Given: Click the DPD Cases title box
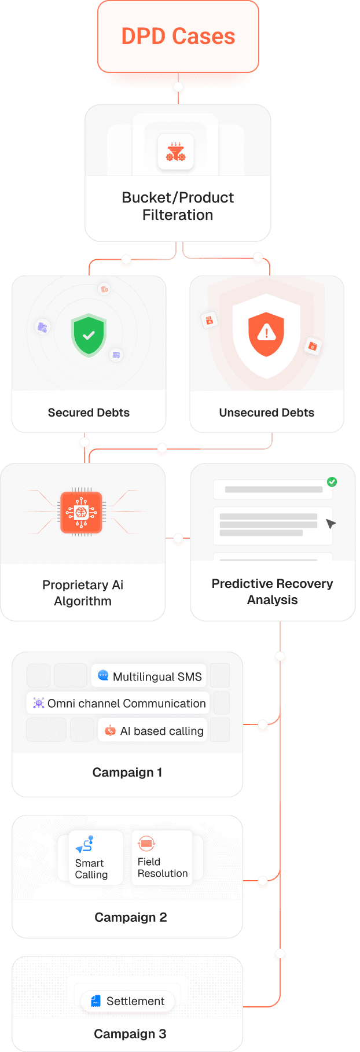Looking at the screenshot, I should (x=178, y=36).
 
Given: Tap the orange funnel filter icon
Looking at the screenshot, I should (x=176, y=152).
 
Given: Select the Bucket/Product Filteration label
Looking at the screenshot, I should (x=178, y=206).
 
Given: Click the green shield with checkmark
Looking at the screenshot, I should (x=89, y=335).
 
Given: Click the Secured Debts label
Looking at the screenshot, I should (x=89, y=413).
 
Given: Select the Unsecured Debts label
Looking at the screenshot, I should (x=266, y=413).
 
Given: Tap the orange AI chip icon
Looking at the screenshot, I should (x=81, y=512).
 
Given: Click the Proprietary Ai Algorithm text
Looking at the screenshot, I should (x=83, y=593).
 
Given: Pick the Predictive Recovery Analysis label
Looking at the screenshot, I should (x=272, y=591).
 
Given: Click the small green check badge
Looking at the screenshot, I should (x=332, y=481).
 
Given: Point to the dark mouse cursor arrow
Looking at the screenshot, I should (x=330, y=524).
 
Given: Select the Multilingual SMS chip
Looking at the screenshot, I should (x=149, y=676).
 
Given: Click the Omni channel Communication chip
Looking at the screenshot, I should (x=119, y=703).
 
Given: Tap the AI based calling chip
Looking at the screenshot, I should (x=153, y=731).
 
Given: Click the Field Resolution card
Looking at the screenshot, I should (x=162, y=858).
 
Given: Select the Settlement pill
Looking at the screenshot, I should (x=128, y=1001).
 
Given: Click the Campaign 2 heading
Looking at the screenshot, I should (x=130, y=917).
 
